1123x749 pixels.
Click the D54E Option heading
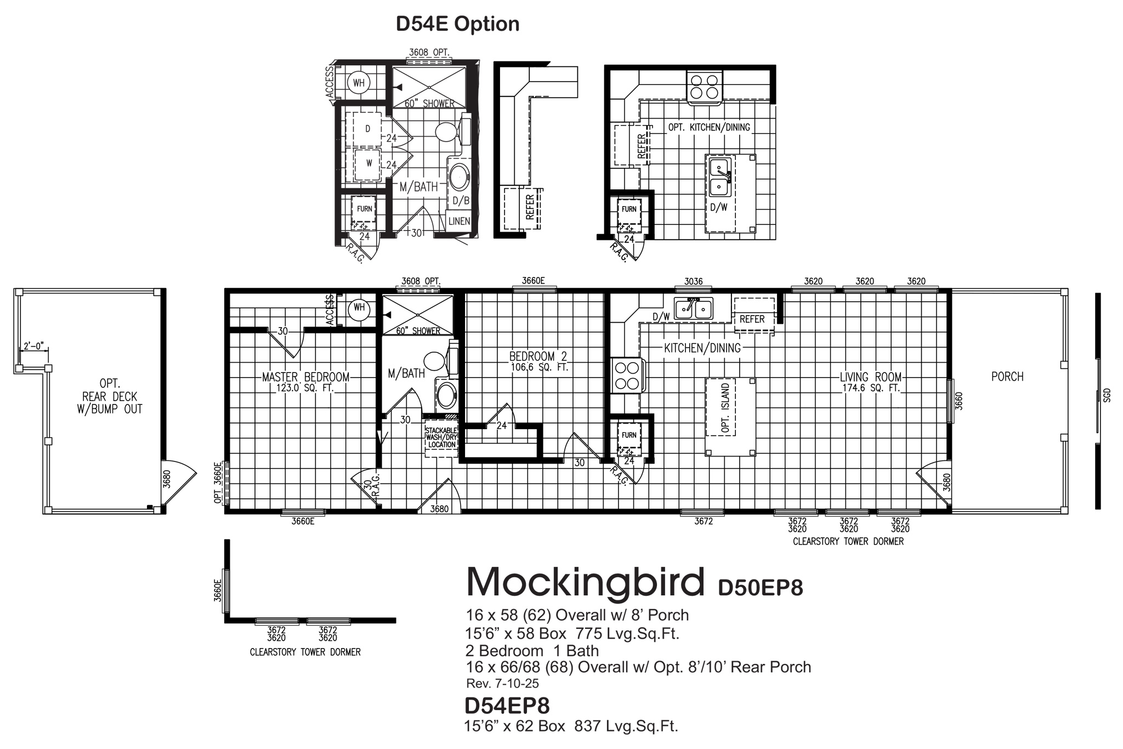pos(457,25)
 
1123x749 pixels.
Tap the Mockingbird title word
pos(585,582)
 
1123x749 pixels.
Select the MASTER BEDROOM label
pos(305,378)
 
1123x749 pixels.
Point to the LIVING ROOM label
pos(870,378)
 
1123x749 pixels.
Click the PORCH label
pos(1007,377)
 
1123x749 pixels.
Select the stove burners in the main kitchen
pos(627,375)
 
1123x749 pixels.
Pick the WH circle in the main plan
pos(359,308)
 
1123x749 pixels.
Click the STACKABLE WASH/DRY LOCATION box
pos(441,438)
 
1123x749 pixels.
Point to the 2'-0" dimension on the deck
pos(33,347)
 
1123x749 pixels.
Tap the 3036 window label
pos(693,281)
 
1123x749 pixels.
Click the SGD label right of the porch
pos(1107,395)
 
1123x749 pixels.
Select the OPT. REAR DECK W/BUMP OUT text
pos(110,396)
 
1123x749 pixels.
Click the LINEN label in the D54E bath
pos(459,221)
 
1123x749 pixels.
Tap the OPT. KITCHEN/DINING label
pos(708,127)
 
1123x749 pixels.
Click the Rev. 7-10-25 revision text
pos(502,684)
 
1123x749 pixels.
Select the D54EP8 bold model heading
pos(507,705)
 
